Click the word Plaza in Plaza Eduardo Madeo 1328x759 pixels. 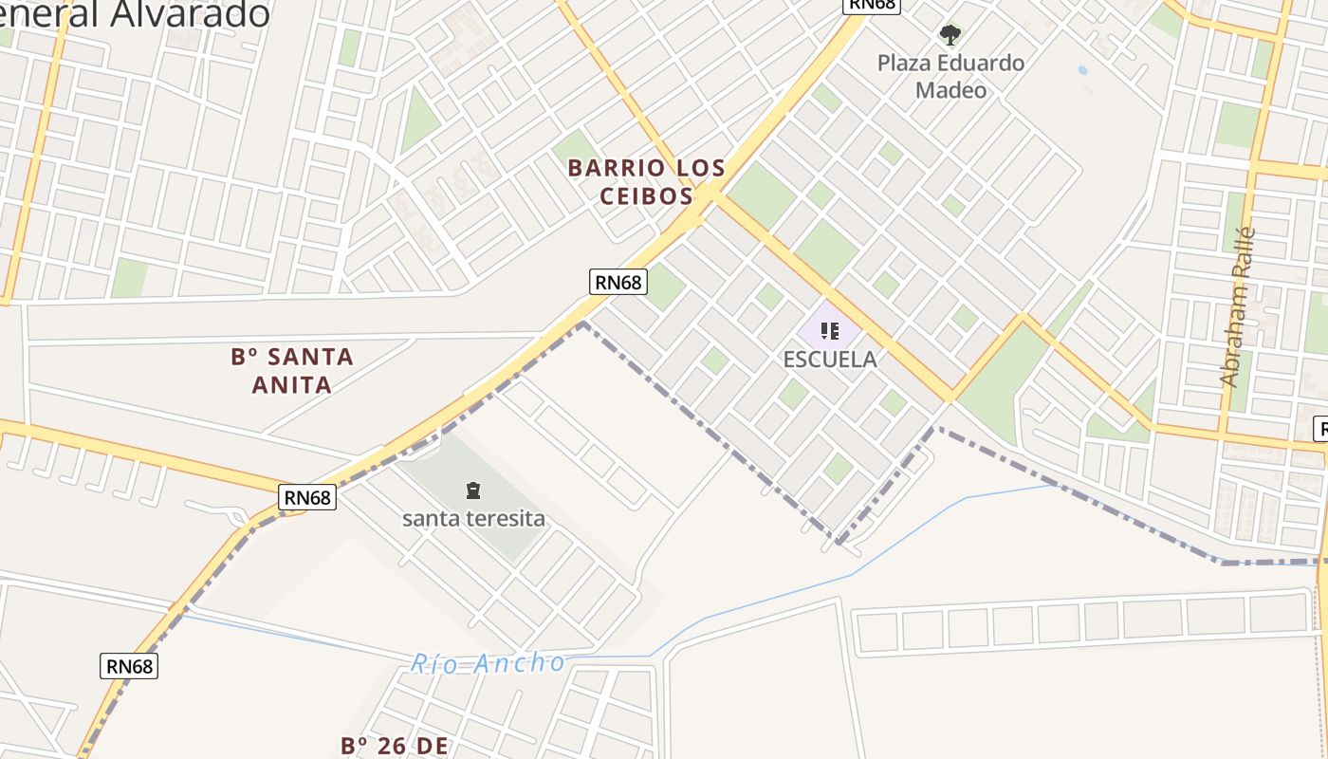(x=903, y=64)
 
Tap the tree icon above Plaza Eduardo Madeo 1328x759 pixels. (x=950, y=36)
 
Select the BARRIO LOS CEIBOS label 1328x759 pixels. (x=646, y=182)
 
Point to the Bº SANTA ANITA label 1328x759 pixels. (x=292, y=371)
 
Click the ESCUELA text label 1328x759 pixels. (x=830, y=360)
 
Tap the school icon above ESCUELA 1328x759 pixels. (x=830, y=331)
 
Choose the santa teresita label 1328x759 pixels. (x=473, y=518)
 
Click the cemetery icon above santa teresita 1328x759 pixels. (x=472, y=491)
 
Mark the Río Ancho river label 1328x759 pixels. (x=488, y=663)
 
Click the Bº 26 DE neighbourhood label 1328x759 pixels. (x=394, y=746)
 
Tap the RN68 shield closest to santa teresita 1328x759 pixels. (x=308, y=497)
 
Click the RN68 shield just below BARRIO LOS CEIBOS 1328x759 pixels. (x=618, y=282)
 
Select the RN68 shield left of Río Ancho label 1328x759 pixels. (x=129, y=666)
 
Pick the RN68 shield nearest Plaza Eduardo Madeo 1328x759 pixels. (x=871, y=5)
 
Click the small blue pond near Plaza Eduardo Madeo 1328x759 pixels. (x=1082, y=70)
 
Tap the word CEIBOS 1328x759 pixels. (x=646, y=196)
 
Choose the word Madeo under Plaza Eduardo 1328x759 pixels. (x=950, y=90)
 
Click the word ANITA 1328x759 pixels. (x=292, y=385)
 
